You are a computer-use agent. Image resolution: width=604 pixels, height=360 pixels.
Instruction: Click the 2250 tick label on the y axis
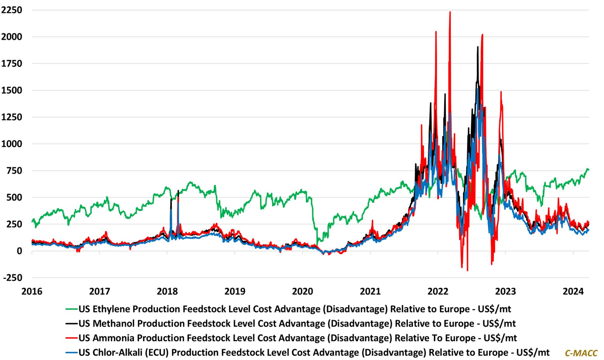pos(12,10)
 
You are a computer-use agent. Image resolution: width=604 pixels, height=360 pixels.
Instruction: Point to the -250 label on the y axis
pos(12,278)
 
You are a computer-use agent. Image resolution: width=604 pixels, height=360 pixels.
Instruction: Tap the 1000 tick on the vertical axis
pos(12,144)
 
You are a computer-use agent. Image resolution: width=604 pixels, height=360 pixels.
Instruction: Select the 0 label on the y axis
pos(19,251)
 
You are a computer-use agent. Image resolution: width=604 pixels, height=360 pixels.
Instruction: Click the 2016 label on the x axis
pos(32,291)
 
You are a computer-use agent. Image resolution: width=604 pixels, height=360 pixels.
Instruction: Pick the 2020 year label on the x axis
pos(302,291)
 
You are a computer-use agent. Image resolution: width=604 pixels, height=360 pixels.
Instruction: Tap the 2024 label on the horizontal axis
pos(573,291)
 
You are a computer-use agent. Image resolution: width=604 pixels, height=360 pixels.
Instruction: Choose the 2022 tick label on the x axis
pos(438,291)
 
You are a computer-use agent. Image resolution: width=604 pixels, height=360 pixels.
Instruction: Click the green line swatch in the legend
pos(72,309)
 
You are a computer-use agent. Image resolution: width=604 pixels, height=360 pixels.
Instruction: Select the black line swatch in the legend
pos(72,323)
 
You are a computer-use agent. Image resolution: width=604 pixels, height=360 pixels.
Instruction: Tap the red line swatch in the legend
pos(72,338)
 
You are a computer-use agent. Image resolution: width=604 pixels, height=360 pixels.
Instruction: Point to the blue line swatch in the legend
pos(72,352)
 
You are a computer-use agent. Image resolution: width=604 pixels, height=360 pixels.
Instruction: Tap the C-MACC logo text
pos(581,353)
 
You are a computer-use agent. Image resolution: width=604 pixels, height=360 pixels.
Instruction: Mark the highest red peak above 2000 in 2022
pos(450,12)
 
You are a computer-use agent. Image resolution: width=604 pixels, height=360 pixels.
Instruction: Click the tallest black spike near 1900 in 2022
pos(477,47)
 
